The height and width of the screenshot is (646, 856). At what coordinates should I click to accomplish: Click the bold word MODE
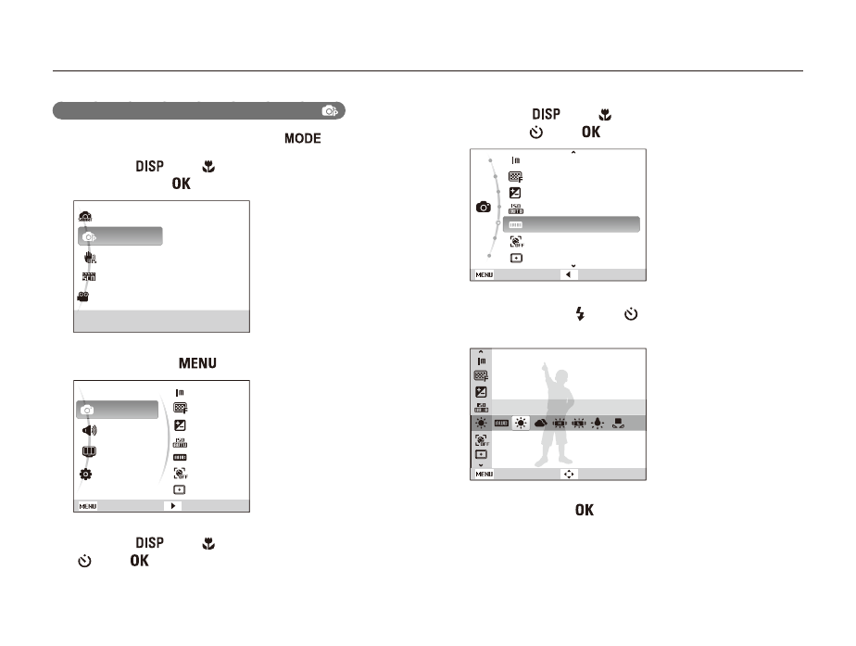(x=302, y=138)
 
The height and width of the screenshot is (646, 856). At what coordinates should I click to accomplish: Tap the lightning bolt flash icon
(x=580, y=313)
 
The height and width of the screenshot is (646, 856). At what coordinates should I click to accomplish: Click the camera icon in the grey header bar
(x=329, y=111)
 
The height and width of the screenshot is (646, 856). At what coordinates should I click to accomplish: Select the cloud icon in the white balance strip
(x=540, y=423)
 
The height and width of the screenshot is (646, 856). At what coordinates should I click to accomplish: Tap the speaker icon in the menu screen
(x=89, y=430)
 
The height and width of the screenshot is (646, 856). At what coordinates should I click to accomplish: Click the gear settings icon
(x=86, y=474)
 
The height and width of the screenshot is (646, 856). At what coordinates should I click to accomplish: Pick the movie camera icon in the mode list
(x=83, y=297)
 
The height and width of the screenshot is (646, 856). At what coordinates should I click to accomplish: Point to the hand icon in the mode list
(x=90, y=258)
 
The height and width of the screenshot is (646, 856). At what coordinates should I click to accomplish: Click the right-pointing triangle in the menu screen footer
(x=173, y=506)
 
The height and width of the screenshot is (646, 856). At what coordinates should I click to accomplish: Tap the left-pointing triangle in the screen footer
(x=568, y=274)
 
